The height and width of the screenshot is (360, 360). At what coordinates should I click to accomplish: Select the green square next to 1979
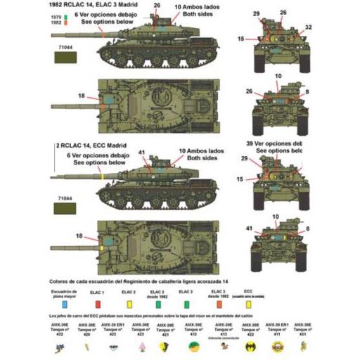[65, 16]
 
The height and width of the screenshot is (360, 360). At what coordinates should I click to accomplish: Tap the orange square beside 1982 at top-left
[65, 22]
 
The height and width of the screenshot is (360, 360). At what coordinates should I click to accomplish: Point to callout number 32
[308, 28]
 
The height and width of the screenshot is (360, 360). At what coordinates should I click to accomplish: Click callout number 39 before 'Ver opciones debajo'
[245, 143]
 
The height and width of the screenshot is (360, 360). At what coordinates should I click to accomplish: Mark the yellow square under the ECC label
[247, 304]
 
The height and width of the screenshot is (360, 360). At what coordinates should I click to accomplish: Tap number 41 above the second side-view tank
[142, 153]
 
